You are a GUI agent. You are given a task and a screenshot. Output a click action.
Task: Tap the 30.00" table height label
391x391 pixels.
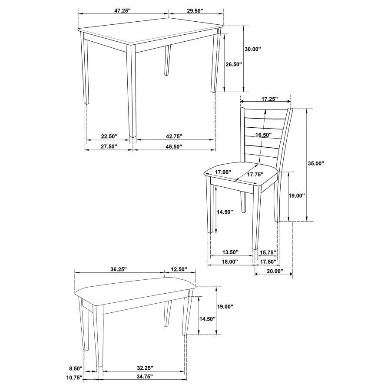pyautogui.click(x=253, y=50)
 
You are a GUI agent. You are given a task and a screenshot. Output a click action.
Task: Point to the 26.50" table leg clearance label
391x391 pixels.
pyautogui.click(x=233, y=64)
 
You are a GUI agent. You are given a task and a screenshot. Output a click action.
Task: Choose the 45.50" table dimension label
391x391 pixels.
pyautogui.click(x=174, y=146)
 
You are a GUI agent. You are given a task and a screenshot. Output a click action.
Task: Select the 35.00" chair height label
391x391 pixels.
pyautogui.click(x=316, y=164)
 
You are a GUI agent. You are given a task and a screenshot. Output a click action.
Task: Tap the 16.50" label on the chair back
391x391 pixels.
pyautogui.click(x=263, y=136)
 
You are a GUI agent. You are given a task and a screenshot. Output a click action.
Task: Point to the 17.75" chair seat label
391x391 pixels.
pyautogui.click(x=256, y=175)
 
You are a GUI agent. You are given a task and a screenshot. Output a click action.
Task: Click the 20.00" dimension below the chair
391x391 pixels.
pyautogui.click(x=275, y=272)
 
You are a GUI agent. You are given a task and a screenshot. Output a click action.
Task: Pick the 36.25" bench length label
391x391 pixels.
pyautogui.click(x=118, y=269)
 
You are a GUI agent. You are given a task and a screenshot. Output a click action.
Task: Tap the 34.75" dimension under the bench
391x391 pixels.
pyautogui.click(x=143, y=376)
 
